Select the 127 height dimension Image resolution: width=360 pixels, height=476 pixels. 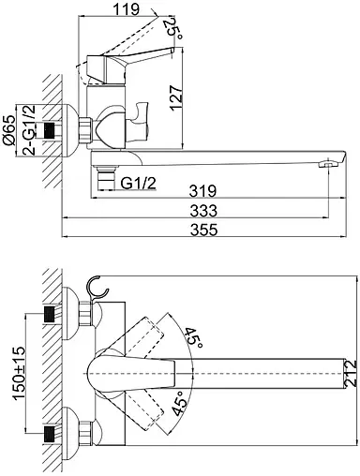tap(176, 97)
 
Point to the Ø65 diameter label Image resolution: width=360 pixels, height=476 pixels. tap(8, 130)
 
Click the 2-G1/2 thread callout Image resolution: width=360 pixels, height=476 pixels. tap(29, 130)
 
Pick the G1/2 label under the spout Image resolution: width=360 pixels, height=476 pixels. tap(138, 183)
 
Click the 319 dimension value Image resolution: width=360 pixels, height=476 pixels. tap(203, 190)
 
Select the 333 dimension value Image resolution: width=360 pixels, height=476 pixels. tap(203, 211)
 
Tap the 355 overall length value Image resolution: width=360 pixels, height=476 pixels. tap(203, 230)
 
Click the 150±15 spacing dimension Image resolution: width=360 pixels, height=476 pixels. tap(19, 373)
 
